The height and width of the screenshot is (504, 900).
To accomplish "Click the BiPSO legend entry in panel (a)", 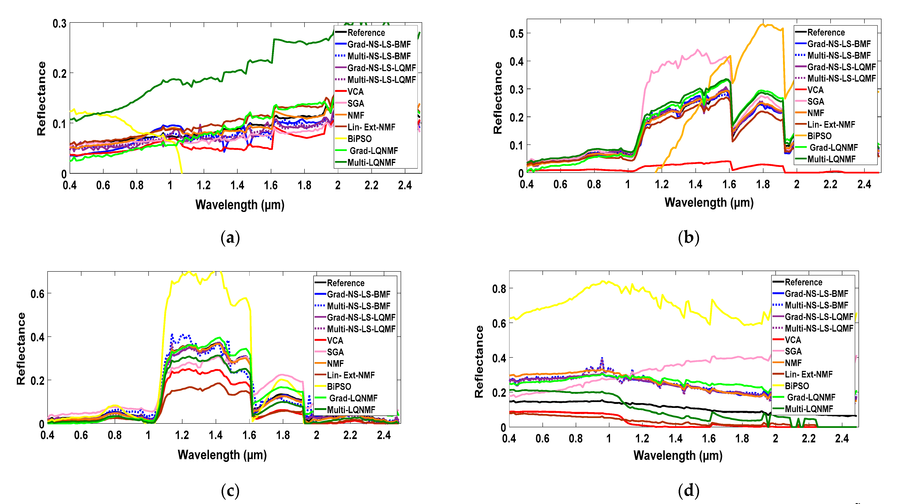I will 359,139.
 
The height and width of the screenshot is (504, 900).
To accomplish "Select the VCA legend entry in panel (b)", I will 815,90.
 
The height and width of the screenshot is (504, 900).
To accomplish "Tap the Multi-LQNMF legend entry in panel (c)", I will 351,410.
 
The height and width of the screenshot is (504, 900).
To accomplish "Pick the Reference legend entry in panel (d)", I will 803,282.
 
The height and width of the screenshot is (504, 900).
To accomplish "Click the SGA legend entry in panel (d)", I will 793,351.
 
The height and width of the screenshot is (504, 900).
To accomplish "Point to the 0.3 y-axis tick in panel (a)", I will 59,24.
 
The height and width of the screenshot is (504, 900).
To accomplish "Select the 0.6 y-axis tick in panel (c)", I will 37,294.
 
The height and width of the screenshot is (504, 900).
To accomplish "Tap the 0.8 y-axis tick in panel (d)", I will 499,289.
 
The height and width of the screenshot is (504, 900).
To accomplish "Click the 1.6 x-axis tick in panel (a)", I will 271,185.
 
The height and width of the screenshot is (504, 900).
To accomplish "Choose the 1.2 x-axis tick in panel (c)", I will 182,435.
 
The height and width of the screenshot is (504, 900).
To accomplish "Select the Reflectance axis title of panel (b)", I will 497,98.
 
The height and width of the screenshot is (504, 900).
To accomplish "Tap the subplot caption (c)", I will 230,491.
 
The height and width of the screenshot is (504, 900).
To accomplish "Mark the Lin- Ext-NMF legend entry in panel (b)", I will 831,125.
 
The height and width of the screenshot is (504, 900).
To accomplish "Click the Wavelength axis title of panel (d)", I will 678,455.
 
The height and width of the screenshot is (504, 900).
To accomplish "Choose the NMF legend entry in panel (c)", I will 335,364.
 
